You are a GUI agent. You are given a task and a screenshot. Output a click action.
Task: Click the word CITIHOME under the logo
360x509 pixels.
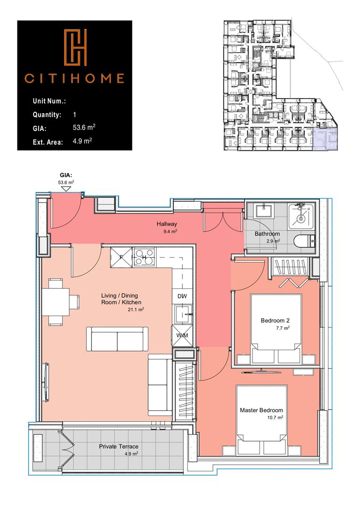point(75,78)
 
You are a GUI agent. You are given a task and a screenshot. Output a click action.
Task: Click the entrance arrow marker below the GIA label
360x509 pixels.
point(66,189)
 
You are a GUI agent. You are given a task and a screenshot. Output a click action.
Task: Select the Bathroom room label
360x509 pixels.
point(267,234)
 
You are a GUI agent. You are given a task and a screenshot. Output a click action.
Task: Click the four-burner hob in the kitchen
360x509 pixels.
point(144,257)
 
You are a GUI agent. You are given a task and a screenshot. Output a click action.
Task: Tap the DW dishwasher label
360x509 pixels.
point(182,296)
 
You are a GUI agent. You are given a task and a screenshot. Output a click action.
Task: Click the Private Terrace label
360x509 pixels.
point(118,446)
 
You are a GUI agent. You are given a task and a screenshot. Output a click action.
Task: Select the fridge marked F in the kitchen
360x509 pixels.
point(121,257)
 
